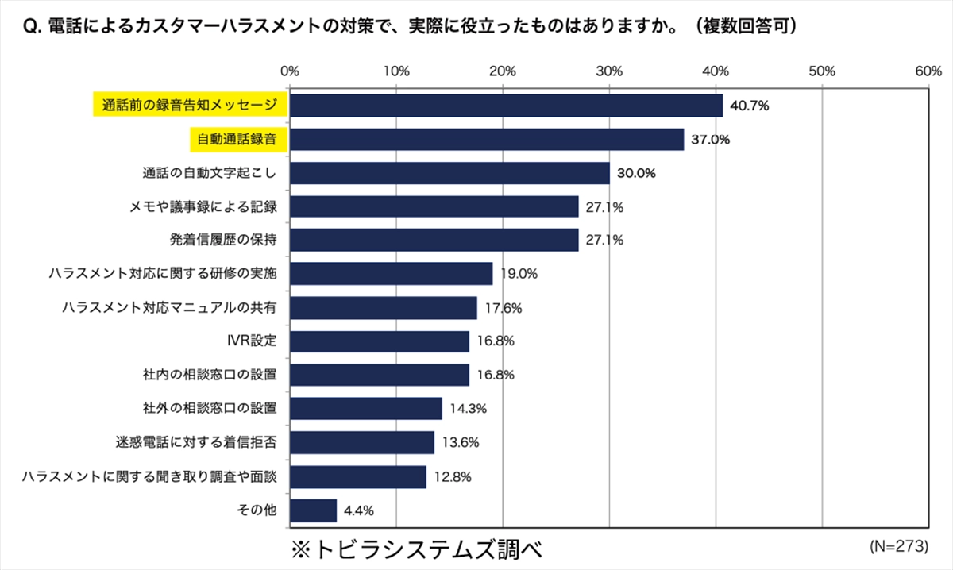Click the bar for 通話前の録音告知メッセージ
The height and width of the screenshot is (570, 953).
[x=506, y=106]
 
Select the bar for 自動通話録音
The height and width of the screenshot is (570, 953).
[x=486, y=140]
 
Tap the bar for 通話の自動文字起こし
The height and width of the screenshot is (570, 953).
[x=449, y=173]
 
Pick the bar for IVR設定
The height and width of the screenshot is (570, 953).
[x=380, y=341]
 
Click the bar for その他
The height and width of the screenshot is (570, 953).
[x=313, y=510]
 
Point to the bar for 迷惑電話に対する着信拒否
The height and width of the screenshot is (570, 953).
[x=362, y=442]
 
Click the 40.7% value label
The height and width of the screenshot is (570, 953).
[x=751, y=106]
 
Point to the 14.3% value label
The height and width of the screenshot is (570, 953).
[x=469, y=409]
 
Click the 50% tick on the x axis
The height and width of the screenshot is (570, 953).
[x=823, y=71]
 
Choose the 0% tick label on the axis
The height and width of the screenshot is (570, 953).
[x=290, y=71]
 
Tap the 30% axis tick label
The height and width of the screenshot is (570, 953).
[x=609, y=71]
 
